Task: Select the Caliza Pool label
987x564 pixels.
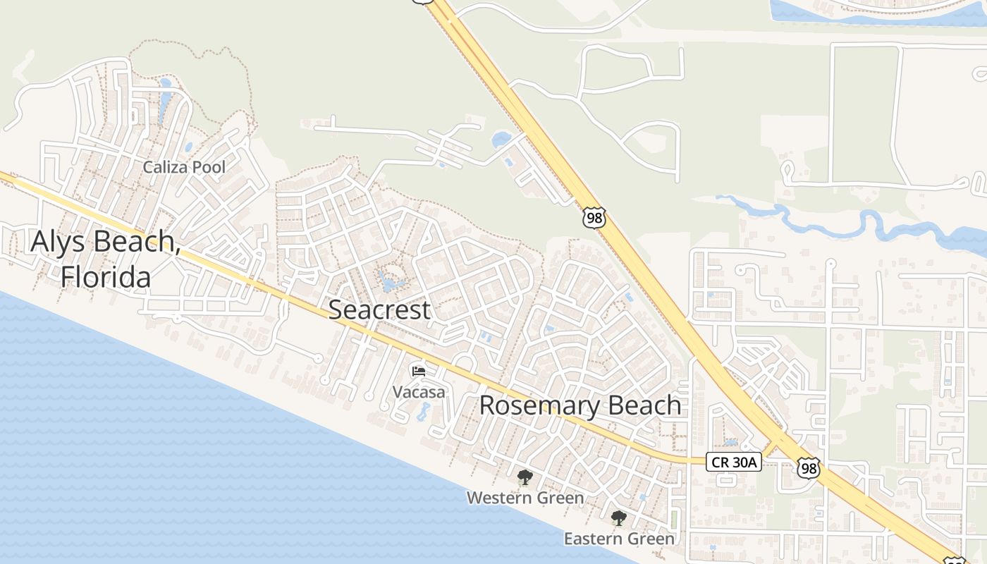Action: pyautogui.click(x=184, y=167)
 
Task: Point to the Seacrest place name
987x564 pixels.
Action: pyautogui.click(x=379, y=309)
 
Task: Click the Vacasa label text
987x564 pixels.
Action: pyautogui.click(x=419, y=392)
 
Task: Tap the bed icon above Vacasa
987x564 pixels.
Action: pyautogui.click(x=419, y=371)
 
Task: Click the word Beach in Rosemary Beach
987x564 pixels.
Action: pyautogui.click(x=643, y=405)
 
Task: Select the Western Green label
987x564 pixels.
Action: pyautogui.click(x=525, y=498)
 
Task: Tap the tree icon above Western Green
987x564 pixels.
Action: pyautogui.click(x=525, y=478)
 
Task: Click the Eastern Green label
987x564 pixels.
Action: pyautogui.click(x=619, y=539)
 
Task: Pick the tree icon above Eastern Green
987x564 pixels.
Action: pyautogui.click(x=619, y=519)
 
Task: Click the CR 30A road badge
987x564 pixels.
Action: pyautogui.click(x=733, y=462)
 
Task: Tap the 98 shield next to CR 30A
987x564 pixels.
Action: pyautogui.click(x=809, y=467)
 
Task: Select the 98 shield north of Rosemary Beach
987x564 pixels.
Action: pyautogui.click(x=594, y=218)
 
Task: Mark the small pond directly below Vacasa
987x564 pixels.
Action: pyautogui.click(x=424, y=411)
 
